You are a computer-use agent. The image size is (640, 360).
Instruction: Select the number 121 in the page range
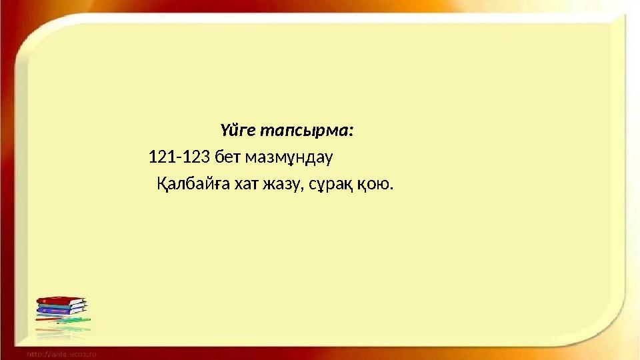(159, 157)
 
